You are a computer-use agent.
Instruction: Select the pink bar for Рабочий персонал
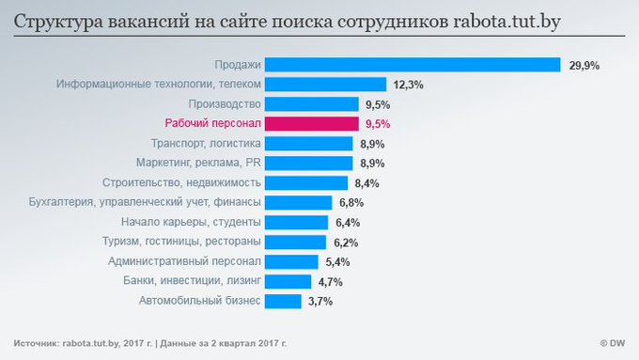311,123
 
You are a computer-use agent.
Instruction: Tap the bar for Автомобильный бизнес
283,301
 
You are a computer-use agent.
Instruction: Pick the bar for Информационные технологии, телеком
325,85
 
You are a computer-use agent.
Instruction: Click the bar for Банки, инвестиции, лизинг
288,281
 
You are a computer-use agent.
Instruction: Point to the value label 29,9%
584,65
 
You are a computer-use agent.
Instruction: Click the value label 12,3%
408,85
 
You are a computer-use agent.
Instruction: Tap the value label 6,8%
350,202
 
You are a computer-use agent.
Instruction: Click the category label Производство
224,103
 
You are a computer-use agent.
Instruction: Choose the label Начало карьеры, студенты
191,222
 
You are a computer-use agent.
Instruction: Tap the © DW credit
614,341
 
